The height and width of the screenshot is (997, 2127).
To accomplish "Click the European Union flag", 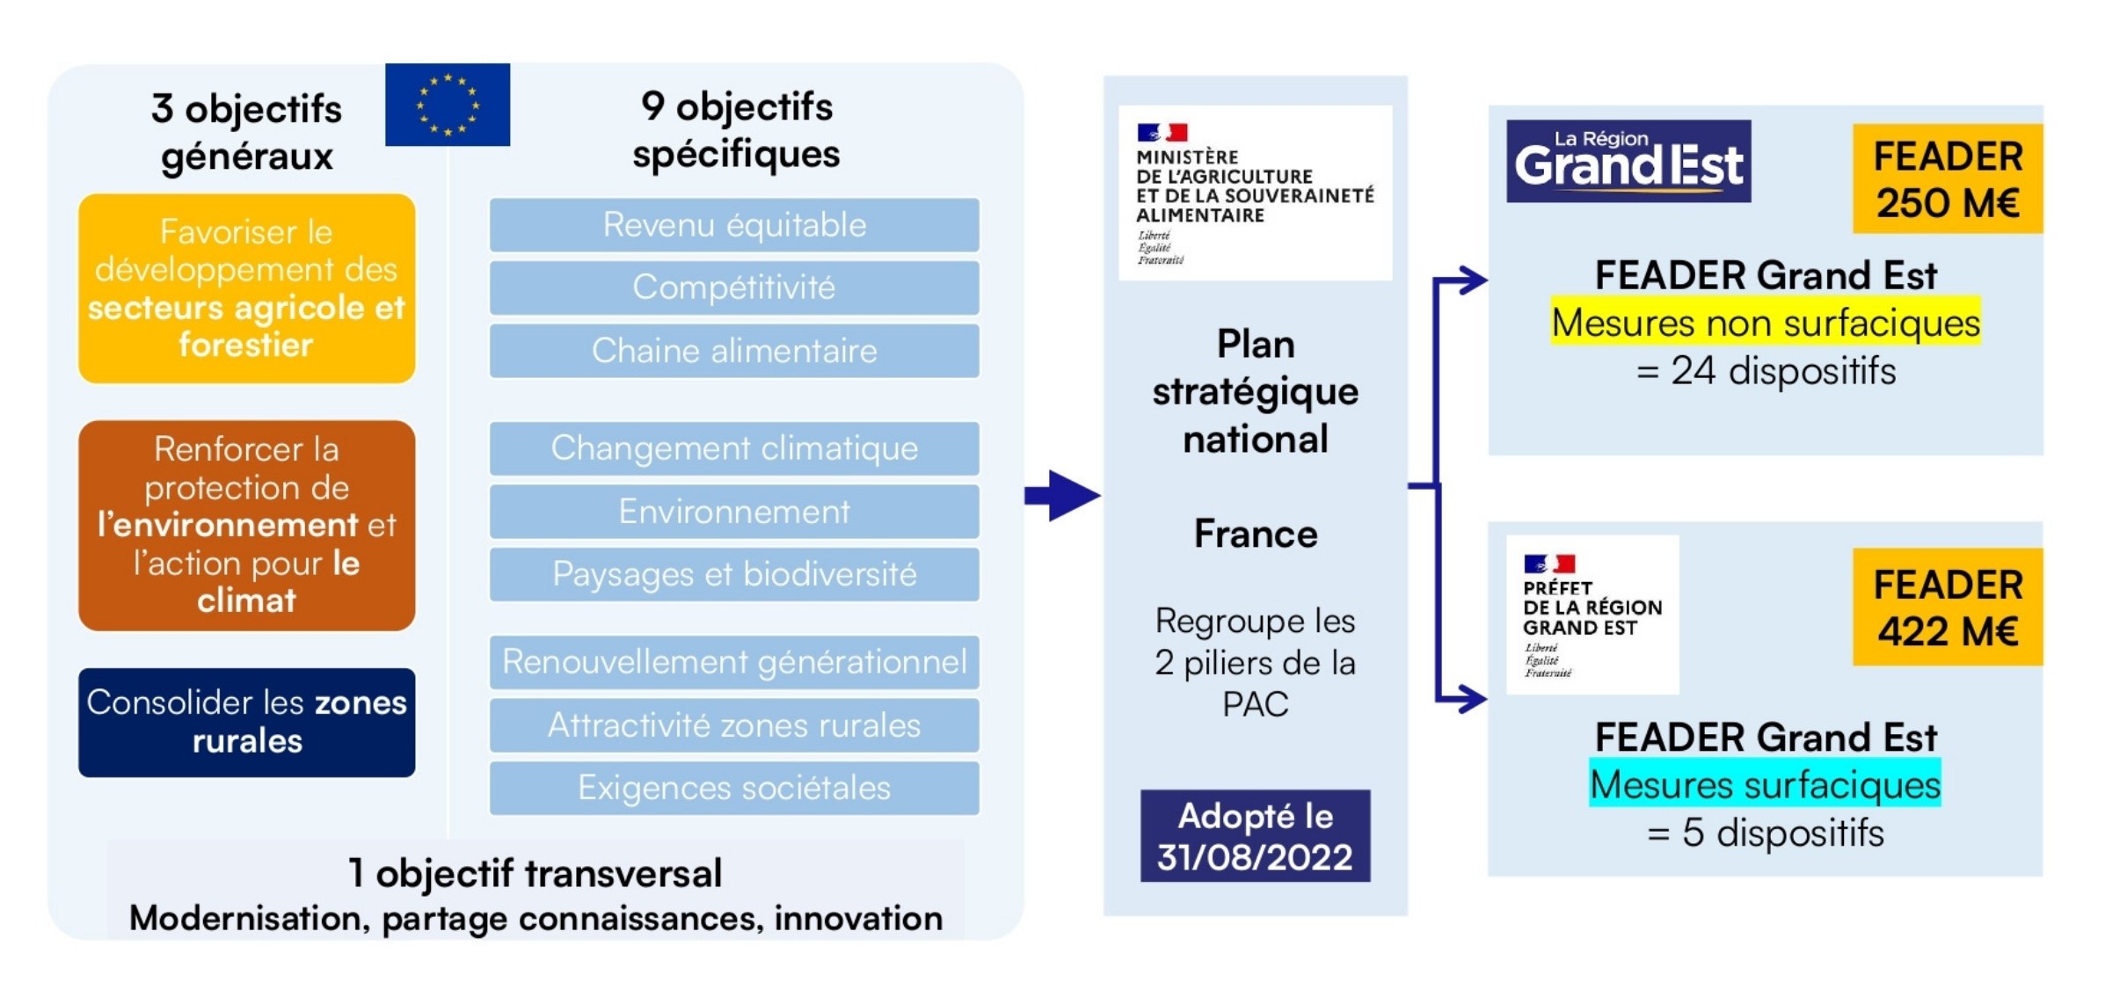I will click(x=447, y=105).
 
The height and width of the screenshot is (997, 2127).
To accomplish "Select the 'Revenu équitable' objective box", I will click(x=734, y=225).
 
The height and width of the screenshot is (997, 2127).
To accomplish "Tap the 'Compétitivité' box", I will click(x=734, y=287).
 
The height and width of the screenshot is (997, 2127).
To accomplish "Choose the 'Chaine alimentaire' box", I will click(x=734, y=351).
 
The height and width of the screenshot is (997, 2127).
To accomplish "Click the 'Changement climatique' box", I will click(x=734, y=448).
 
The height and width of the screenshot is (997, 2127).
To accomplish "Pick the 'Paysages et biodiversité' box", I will click(x=734, y=574).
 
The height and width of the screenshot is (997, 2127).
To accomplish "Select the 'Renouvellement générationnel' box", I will click(x=734, y=662).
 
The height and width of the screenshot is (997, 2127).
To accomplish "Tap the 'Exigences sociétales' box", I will click(x=734, y=788).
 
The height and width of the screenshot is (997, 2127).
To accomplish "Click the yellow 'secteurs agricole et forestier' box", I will click(x=246, y=288).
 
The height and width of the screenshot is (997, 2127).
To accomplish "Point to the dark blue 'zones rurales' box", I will click(x=246, y=722).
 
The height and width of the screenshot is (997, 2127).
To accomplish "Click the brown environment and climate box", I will click(x=246, y=525).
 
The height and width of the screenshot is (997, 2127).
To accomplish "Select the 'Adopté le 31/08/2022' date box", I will click(x=1255, y=835).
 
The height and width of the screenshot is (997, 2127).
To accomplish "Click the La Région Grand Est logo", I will click(x=1628, y=161).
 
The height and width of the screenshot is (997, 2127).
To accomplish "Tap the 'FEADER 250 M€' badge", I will click(x=1947, y=178).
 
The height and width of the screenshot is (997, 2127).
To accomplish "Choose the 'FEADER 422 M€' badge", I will click(x=1947, y=607).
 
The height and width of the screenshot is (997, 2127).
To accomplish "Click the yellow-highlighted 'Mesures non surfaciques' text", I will click(x=1765, y=322).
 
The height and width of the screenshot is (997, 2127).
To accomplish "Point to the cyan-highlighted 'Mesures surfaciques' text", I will click(x=1765, y=784).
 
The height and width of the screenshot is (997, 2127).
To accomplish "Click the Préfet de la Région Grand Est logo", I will click(x=1592, y=615).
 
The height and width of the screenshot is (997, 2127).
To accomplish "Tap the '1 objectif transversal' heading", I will click(x=535, y=873).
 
